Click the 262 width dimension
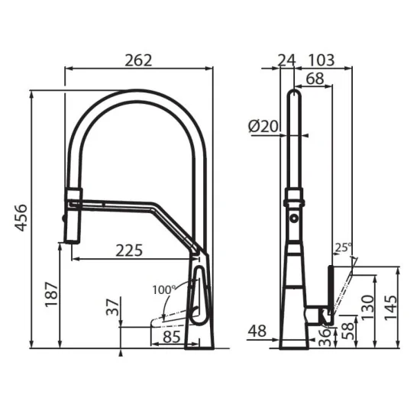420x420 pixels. coord(139,59)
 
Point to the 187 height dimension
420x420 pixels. coord(51,293)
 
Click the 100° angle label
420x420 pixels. coord(163,290)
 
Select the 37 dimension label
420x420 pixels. coord(112,306)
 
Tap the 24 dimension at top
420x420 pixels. coord(286,59)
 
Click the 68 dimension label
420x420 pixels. coord(314,78)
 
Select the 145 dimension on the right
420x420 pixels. coord(390,308)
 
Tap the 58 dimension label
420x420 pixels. coord(347,330)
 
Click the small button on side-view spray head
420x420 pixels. coord(294,220)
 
